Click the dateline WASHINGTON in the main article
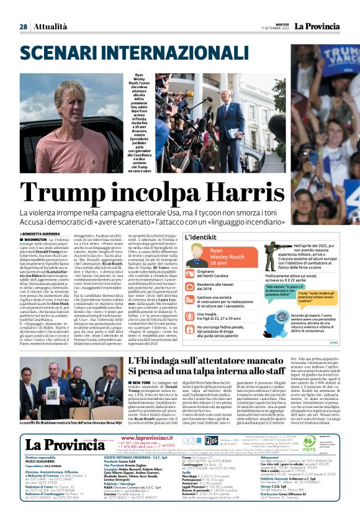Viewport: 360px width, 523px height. pyautogui.click(x=38, y=239)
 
